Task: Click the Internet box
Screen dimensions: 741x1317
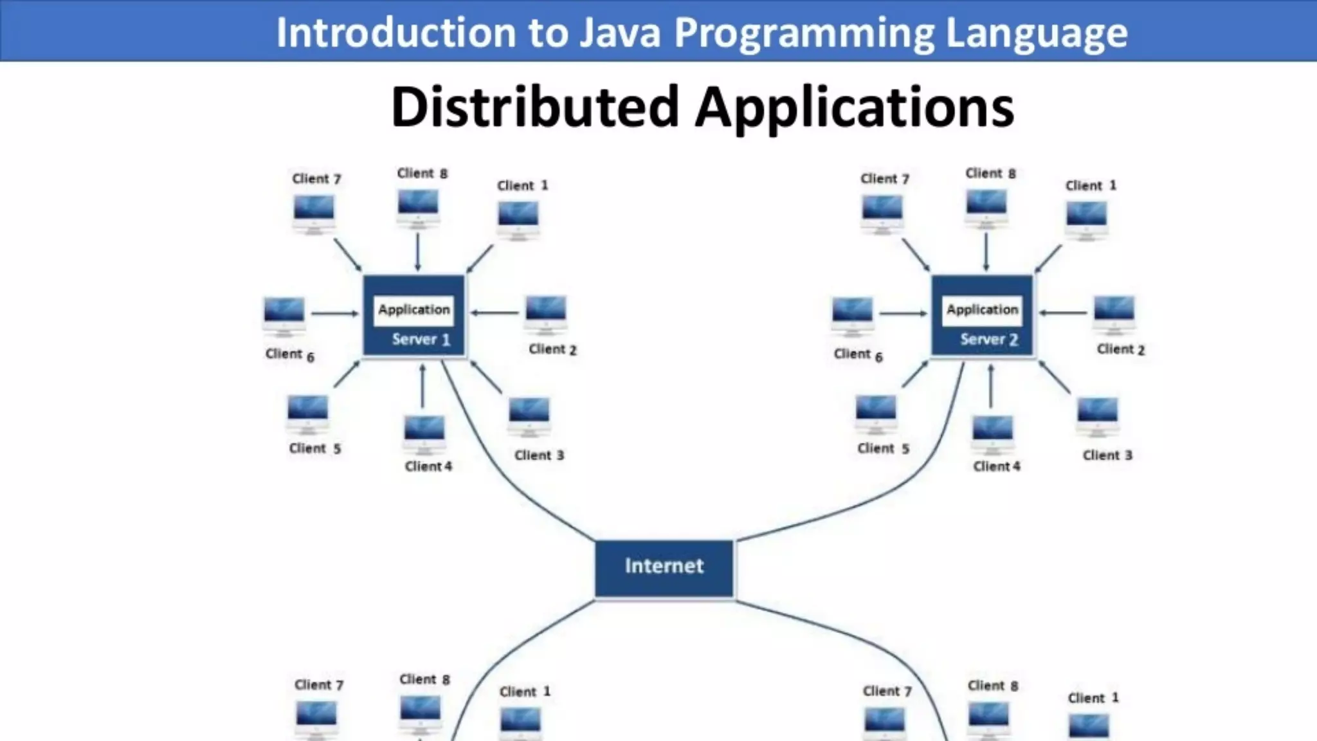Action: (664, 569)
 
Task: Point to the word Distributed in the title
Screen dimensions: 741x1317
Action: (535, 107)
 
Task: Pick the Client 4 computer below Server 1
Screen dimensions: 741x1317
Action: (424, 433)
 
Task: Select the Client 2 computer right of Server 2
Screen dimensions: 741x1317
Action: (1114, 313)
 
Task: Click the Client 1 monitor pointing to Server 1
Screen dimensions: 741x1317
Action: (518, 219)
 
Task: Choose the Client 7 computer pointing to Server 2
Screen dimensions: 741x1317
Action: (882, 212)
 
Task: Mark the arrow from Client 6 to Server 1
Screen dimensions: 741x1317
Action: (335, 314)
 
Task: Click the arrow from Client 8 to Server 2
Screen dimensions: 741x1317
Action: (986, 252)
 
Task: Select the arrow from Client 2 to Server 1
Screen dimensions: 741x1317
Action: (495, 313)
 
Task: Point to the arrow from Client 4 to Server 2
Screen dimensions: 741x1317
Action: (991, 386)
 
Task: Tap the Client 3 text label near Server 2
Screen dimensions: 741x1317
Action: (1107, 455)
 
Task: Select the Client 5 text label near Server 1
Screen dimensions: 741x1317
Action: (314, 448)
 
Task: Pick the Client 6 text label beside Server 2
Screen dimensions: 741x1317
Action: (858, 354)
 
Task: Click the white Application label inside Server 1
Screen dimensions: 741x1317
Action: (414, 309)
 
